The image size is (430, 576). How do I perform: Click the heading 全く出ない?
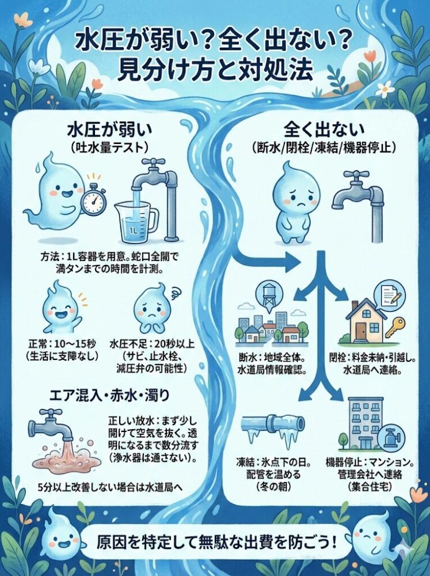point(323,128)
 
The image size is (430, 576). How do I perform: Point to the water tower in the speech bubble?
point(268,294)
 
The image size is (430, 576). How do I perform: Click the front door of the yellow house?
point(361,329)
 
